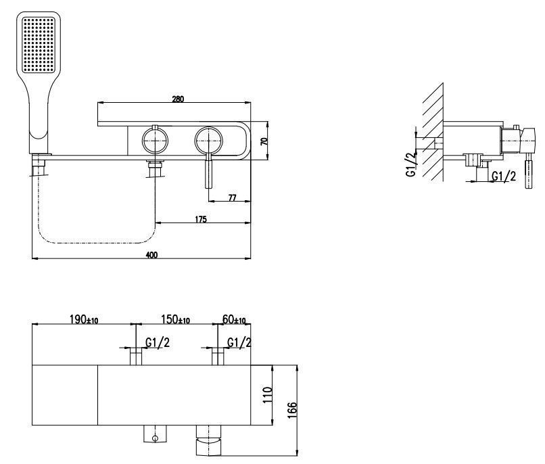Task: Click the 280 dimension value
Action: click(x=178, y=99)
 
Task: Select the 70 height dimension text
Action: click(x=264, y=141)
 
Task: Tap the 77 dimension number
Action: click(x=232, y=198)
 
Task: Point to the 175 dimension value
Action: click(x=202, y=219)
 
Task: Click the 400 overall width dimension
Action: click(x=151, y=254)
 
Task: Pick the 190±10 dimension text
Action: click(x=84, y=320)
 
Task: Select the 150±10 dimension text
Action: click(x=174, y=320)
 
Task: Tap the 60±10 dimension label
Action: click(x=235, y=320)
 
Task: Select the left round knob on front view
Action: click(x=155, y=141)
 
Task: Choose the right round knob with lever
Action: click(x=208, y=141)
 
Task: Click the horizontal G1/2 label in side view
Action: click(x=504, y=176)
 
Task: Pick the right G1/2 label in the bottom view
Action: click(x=238, y=343)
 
